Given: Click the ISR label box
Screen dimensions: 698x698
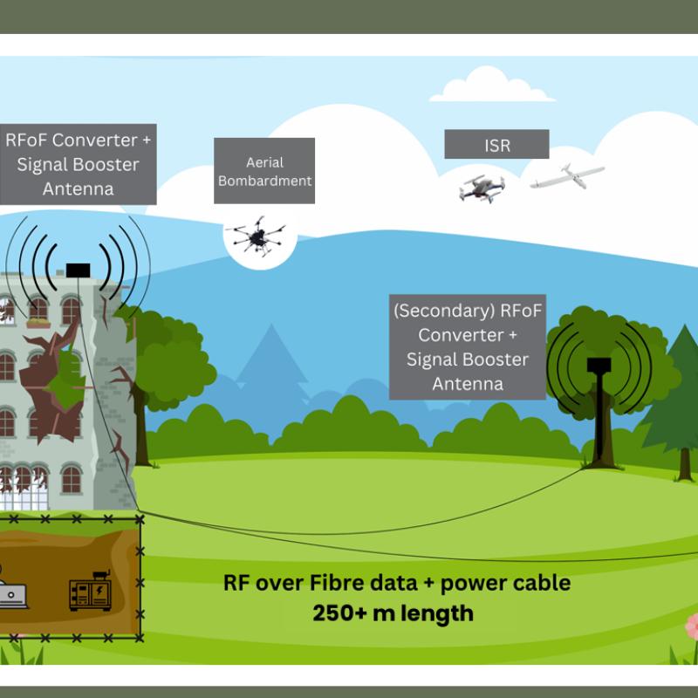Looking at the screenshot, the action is [x=496, y=144].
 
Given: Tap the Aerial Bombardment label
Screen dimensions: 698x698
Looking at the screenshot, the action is [x=264, y=171].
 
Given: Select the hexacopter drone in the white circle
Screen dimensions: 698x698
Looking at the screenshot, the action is [x=257, y=236].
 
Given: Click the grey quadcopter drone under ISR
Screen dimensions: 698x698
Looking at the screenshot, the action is [x=482, y=188].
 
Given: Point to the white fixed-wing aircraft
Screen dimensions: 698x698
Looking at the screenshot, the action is [x=568, y=177].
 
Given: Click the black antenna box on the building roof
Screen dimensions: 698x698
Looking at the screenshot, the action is [x=78, y=270].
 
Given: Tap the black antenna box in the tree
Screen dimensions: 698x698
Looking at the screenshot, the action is [x=599, y=365].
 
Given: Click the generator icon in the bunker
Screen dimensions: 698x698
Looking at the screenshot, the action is [x=91, y=591].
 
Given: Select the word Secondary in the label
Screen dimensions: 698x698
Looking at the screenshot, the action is [x=444, y=311].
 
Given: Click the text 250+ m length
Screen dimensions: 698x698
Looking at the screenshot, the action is [x=393, y=613].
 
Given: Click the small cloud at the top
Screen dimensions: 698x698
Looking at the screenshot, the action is [x=491, y=85].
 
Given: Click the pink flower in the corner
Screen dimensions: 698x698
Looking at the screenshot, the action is [x=691, y=626].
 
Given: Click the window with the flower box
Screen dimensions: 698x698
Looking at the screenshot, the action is [x=38, y=311].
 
